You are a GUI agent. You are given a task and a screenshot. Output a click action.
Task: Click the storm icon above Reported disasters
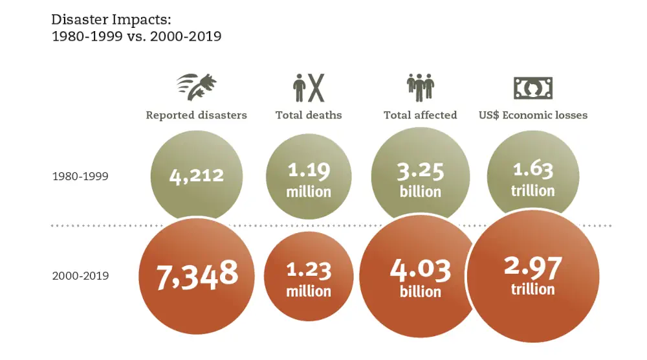(197, 87)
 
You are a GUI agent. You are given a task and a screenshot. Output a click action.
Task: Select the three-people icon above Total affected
(420, 87)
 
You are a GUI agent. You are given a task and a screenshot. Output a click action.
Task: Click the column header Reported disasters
(196, 115)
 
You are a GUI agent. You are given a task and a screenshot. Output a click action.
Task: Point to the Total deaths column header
(309, 115)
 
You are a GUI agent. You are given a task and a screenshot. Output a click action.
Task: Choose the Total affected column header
(420, 115)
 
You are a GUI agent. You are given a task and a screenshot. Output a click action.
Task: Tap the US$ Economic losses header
(533, 115)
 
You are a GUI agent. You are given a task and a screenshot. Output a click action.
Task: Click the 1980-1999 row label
(80, 176)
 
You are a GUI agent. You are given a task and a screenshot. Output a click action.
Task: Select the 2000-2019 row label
(80, 276)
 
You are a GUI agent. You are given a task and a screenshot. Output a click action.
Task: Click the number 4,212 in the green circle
(197, 175)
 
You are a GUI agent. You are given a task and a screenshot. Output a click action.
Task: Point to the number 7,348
(197, 275)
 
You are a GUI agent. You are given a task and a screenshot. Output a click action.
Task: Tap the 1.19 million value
(309, 180)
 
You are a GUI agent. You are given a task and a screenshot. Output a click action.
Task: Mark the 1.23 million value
(309, 279)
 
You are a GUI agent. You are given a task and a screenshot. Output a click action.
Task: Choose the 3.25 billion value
(420, 180)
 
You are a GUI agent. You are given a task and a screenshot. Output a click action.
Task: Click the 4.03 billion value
(420, 279)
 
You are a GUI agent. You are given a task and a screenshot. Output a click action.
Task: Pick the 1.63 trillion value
(533, 179)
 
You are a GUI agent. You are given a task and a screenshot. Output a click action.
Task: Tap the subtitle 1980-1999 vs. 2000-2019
(137, 36)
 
